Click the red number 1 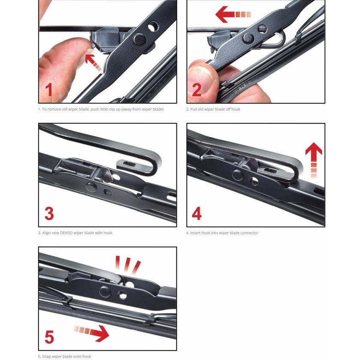click(x=49, y=90)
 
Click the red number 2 click(x=197, y=90)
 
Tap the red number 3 click(x=49, y=213)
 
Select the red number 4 click(x=197, y=213)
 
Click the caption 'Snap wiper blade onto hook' click(x=64, y=356)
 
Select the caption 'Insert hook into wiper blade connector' click(x=222, y=233)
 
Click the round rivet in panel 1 click(x=138, y=39)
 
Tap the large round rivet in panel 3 click(x=91, y=186)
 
